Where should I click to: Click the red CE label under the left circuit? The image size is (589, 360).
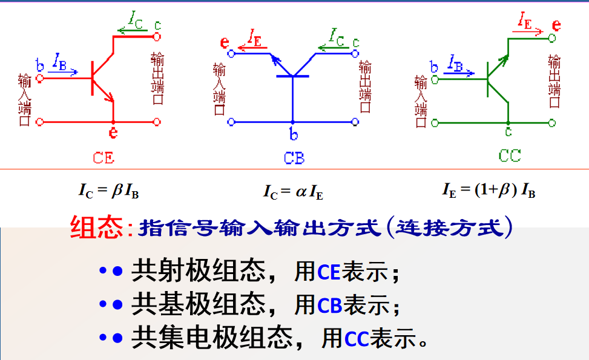[x=104, y=158]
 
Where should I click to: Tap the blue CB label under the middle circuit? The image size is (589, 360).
[x=294, y=159]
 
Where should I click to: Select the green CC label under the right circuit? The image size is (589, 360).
[x=510, y=155]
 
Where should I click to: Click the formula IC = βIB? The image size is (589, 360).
[x=108, y=191]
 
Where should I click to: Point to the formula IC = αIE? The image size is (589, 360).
[x=293, y=192]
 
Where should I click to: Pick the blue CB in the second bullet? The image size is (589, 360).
[x=330, y=306]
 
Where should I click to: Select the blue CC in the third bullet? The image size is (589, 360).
[x=357, y=338]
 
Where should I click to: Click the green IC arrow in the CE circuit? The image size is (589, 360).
[x=131, y=28]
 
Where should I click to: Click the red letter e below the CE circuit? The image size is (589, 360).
[x=113, y=132]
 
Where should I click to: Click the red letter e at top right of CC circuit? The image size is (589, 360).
[x=557, y=25]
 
